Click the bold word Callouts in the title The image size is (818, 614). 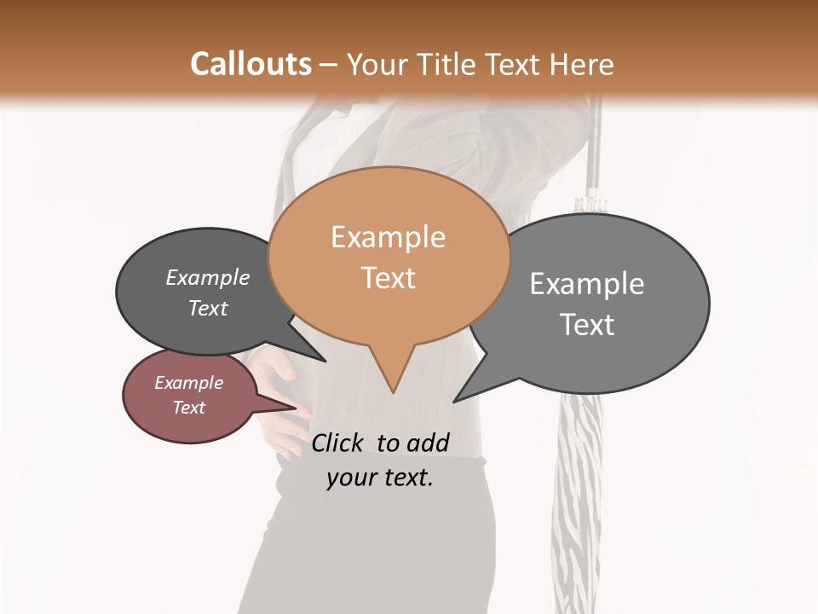click(x=251, y=64)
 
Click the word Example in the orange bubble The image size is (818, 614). click(x=388, y=236)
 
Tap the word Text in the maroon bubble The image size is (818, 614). click(x=189, y=408)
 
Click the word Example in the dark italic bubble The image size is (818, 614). click(x=207, y=277)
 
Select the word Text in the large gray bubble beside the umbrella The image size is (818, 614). click(x=587, y=325)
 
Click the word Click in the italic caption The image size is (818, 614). click(x=340, y=443)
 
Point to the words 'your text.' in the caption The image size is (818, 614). click(x=380, y=478)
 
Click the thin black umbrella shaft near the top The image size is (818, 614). click(x=596, y=145)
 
